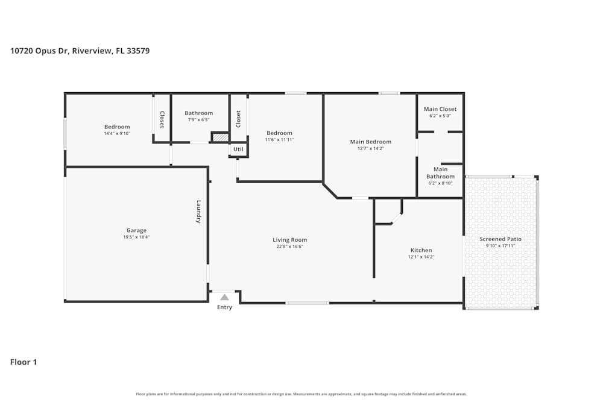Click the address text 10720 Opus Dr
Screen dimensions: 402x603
point(39,51)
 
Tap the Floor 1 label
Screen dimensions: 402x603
point(24,362)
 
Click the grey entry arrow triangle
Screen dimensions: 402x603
point(224,297)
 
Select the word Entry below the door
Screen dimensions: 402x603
point(224,307)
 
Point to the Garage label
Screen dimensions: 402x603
point(136,230)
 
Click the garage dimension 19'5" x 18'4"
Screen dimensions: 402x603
point(136,237)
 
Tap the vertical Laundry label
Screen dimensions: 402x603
point(198,212)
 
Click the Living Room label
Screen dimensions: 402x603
point(289,240)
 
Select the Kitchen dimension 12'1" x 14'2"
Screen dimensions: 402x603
point(421,257)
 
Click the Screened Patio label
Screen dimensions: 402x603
point(500,239)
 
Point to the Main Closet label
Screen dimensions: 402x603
point(440,109)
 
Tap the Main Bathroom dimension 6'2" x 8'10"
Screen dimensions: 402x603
point(440,183)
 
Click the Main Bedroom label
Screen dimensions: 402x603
point(371,142)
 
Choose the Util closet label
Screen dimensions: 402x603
point(238,149)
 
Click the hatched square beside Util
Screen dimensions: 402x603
point(219,137)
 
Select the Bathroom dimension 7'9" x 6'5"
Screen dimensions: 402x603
point(198,120)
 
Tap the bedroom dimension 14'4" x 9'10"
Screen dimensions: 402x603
point(117,134)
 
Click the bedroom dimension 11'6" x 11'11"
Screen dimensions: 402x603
point(279,140)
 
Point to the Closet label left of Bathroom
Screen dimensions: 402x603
point(162,119)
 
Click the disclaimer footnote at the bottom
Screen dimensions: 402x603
point(301,394)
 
